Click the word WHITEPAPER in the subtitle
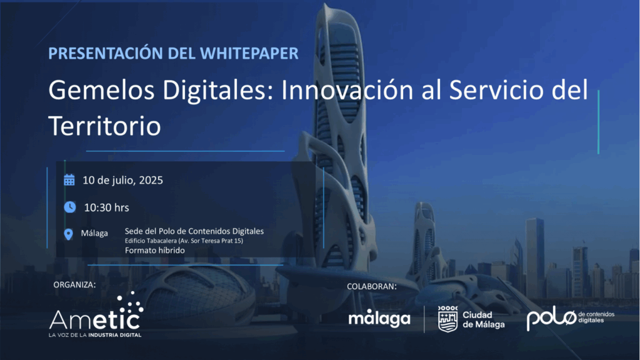249,54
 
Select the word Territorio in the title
104,126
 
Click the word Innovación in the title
347,90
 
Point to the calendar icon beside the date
69,180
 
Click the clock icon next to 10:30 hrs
70,207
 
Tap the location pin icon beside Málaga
69,234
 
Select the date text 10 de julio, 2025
122,181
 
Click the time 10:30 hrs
106,207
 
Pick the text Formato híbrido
155,250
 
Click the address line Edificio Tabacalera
184,241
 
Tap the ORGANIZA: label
75,284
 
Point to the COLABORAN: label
372,286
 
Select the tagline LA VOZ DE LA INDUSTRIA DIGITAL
95,335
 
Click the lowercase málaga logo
379,318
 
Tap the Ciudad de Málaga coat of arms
447,319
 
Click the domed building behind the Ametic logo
196,296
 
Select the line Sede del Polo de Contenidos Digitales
194,231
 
